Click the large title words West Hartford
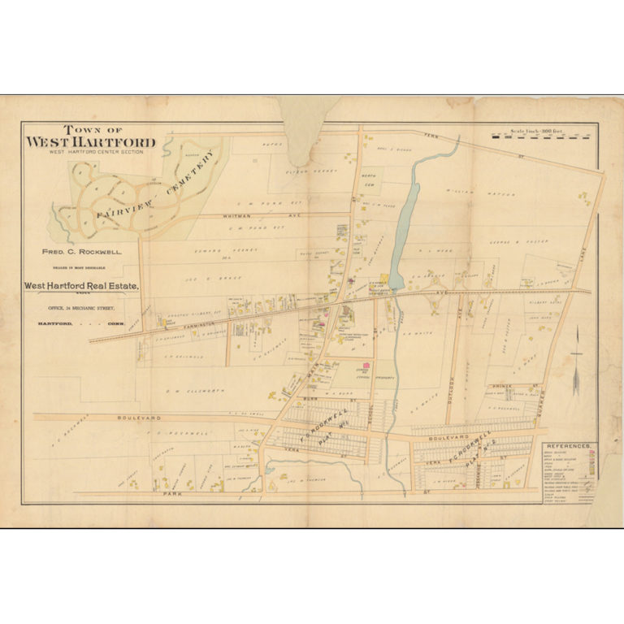click(90, 142)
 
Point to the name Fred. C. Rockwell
click(82, 252)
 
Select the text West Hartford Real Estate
click(81, 285)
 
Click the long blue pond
click(403, 219)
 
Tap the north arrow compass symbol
click(578, 357)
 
